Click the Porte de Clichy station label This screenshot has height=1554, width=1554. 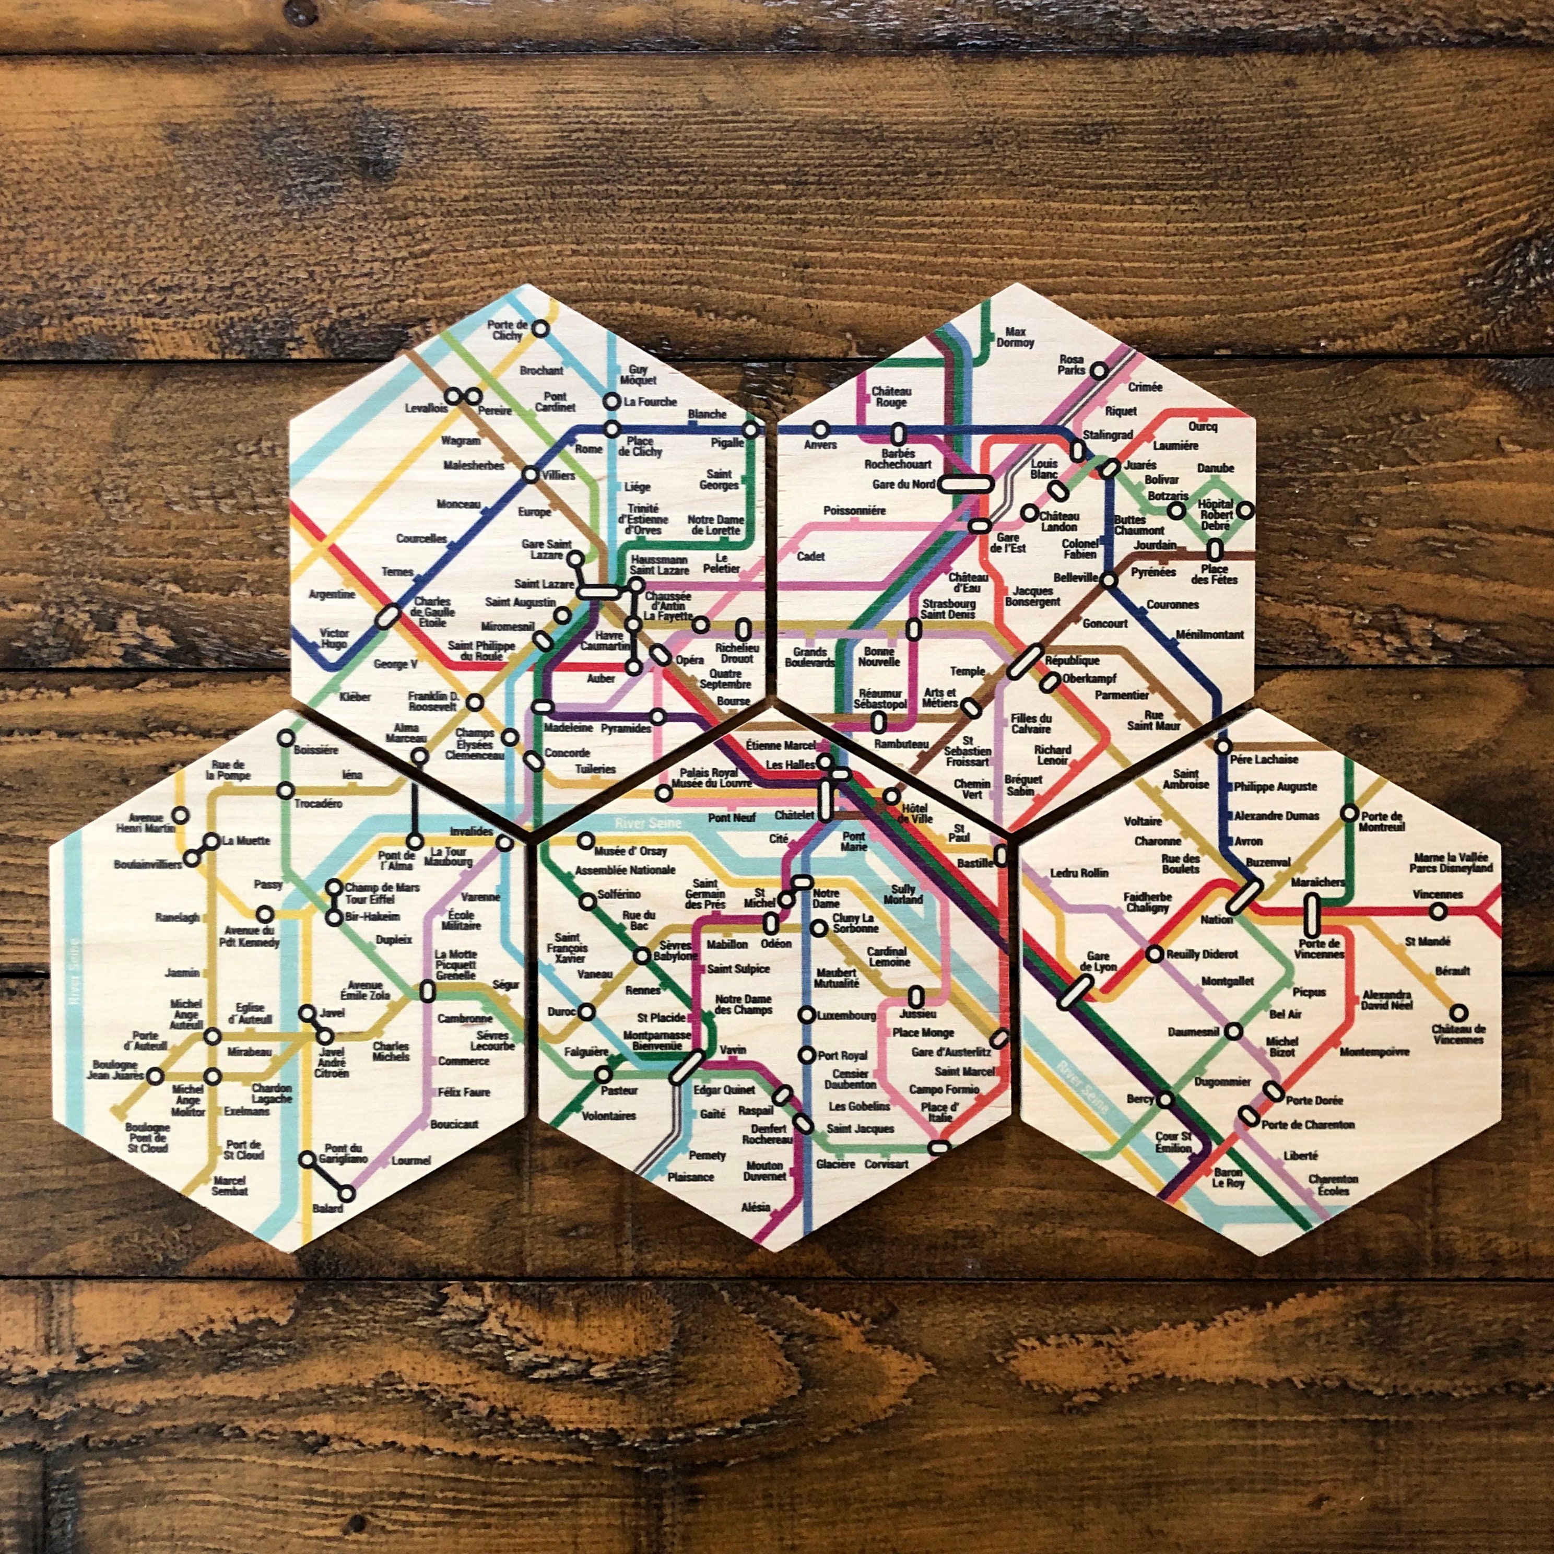[508, 330]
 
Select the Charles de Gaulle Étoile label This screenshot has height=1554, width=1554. [433, 611]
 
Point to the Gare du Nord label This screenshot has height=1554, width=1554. [903, 484]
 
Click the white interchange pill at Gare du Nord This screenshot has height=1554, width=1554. [966, 484]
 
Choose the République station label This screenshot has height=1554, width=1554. [1072, 661]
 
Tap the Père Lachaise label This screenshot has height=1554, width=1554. [1264, 759]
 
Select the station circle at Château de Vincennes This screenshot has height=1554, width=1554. [1458, 1013]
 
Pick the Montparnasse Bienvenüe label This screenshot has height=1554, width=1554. [657, 1041]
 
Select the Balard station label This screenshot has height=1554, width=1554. [327, 1208]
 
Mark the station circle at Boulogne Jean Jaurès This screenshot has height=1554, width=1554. [155, 1075]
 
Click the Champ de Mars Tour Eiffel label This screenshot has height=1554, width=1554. [382, 893]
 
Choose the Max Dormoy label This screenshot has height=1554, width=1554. [1014, 337]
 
